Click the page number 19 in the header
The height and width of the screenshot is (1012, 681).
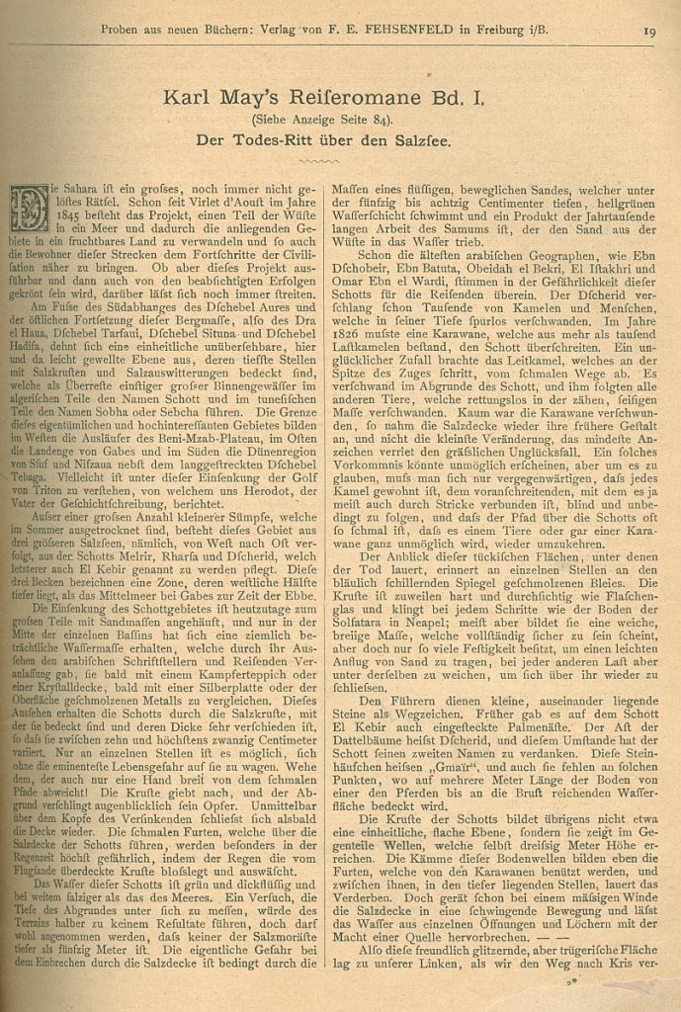click(648, 31)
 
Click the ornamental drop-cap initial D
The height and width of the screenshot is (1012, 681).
click(30, 209)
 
